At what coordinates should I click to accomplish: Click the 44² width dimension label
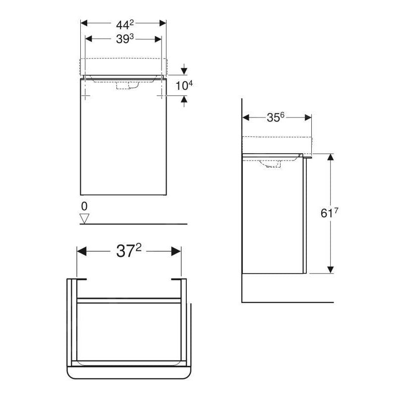(123, 23)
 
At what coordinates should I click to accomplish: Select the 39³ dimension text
(123, 39)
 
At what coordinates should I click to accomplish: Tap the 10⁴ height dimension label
(184, 85)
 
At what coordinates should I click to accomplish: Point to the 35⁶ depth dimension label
(276, 117)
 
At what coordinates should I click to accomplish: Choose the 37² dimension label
(129, 251)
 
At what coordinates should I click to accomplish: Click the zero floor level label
(84, 205)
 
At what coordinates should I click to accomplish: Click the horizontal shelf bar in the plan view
(129, 300)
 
